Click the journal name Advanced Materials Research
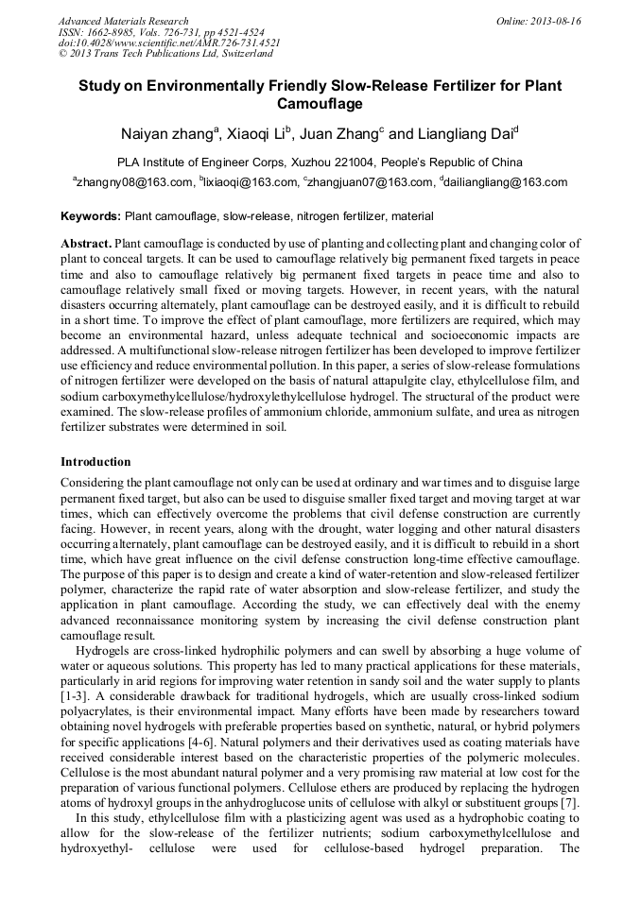coord(123,21)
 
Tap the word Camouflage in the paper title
coord(320,104)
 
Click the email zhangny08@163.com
coord(134,182)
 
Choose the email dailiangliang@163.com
coord(506,182)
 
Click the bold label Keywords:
coord(91,216)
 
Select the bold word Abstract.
coord(86,244)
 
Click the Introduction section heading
coord(95,462)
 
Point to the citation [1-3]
coord(73,681)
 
